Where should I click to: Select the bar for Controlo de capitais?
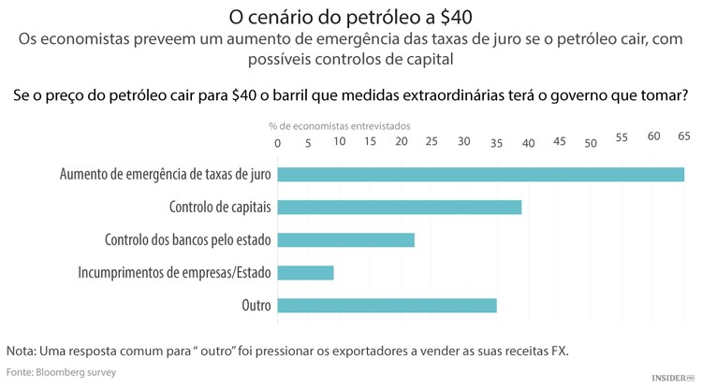tap(400, 207)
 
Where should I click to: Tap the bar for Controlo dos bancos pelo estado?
tap(345, 239)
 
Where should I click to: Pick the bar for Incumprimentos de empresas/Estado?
tap(305, 272)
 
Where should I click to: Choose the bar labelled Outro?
tap(387, 305)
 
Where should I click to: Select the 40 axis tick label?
tap(528, 142)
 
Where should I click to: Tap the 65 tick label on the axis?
tap(684, 137)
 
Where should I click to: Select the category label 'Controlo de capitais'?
tap(220, 207)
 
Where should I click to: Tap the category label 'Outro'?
tap(256, 305)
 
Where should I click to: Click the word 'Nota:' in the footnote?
tap(23, 351)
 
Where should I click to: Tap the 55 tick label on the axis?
tap(622, 137)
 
